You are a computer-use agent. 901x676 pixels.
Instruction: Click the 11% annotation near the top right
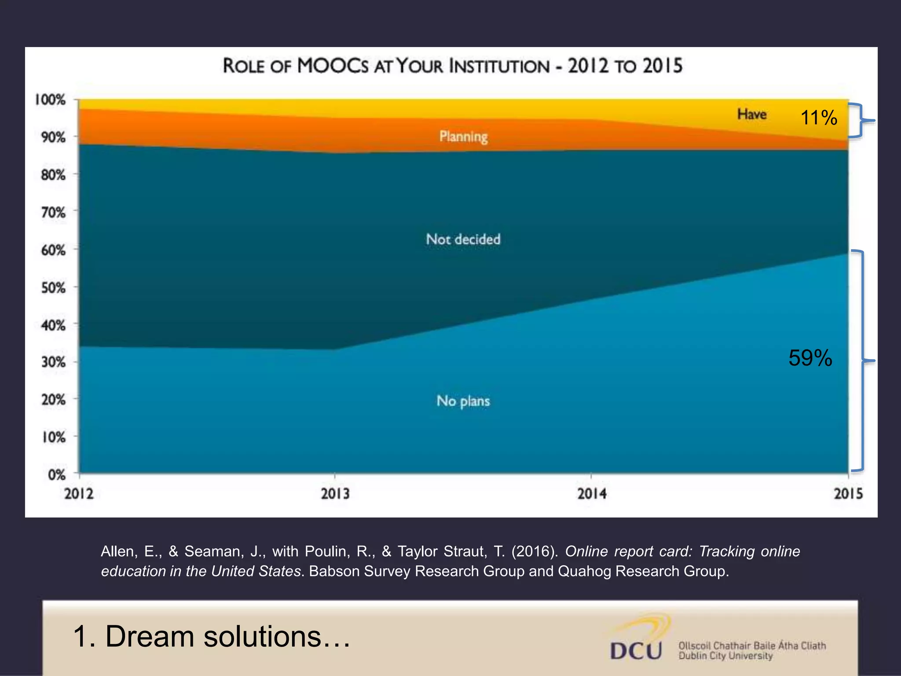[819, 118]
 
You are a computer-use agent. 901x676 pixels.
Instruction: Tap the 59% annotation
[810, 358]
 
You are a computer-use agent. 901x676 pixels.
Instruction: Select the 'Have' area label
[752, 114]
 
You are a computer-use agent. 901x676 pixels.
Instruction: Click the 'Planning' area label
[463, 137]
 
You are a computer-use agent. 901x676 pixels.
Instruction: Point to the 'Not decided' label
[463, 239]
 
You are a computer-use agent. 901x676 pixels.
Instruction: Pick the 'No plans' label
[463, 401]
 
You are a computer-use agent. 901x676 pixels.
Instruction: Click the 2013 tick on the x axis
[335, 493]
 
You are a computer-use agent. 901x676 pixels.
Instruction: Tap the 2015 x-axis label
[848, 493]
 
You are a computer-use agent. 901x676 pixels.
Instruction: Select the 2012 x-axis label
[79, 493]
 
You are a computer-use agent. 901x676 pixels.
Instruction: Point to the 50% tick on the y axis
[54, 288]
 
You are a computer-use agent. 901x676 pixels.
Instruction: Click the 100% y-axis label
[51, 100]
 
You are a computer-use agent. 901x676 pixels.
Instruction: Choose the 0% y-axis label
[57, 475]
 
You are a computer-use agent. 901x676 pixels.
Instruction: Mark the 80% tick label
[54, 175]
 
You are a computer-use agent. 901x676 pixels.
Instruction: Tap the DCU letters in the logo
[636, 650]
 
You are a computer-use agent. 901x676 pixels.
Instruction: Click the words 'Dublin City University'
[725, 656]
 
